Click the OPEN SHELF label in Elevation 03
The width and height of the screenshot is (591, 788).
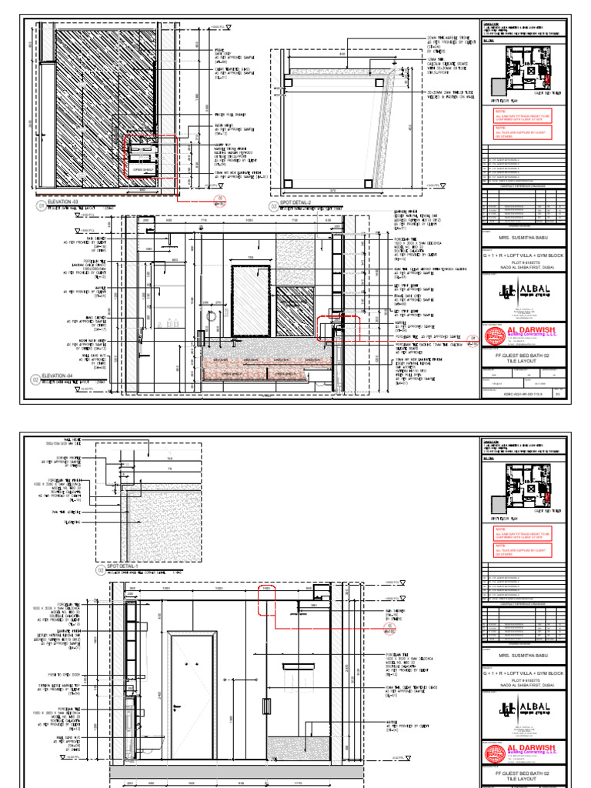[x=144, y=170]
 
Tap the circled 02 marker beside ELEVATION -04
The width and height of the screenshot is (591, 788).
[x=35, y=379]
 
